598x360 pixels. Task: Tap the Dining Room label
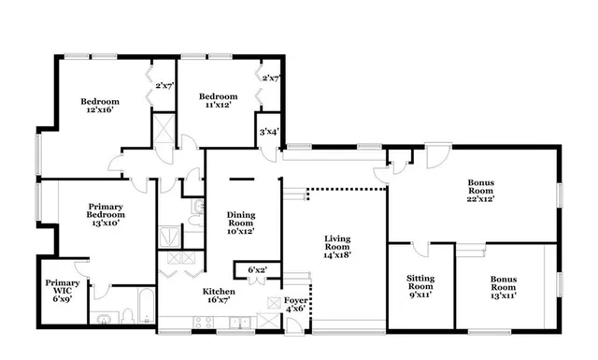click(241, 220)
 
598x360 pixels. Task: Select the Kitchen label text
click(221, 291)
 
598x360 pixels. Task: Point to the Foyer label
click(295, 300)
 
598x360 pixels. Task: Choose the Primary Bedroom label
click(107, 210)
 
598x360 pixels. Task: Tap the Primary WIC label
click(64, 287)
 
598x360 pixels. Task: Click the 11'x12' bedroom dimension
click(217, 106)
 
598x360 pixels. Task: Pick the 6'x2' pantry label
click(257, 270)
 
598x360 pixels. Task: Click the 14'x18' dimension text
click(337, 254)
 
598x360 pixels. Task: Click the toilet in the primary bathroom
click(105, 320)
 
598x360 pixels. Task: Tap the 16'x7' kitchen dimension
click(221, 301)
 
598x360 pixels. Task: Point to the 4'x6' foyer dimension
click(295, 310)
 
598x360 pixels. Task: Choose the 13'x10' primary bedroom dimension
click(107, 224)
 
